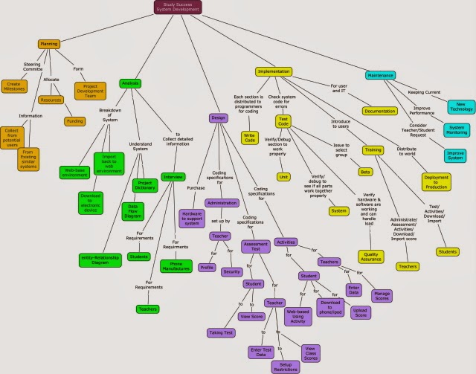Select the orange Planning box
49,44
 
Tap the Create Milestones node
13,86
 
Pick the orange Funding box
75,120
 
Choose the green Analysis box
129,83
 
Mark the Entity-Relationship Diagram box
100,259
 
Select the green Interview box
173,178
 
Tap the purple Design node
217,117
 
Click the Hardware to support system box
191,218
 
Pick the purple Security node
232,272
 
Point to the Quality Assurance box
370,256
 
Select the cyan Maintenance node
382,75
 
